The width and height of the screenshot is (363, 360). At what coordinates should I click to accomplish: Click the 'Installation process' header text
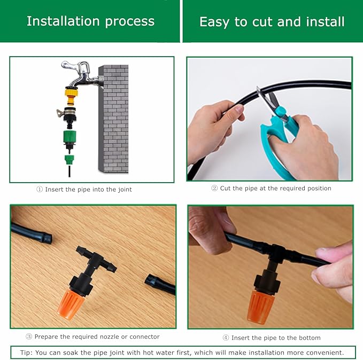coord(90,21)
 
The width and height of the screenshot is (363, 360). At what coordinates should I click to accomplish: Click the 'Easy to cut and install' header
coord(272,22)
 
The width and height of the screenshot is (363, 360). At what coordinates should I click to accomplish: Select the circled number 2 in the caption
coord(214,189)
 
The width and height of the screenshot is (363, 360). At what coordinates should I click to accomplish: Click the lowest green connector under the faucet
coord(70,159)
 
